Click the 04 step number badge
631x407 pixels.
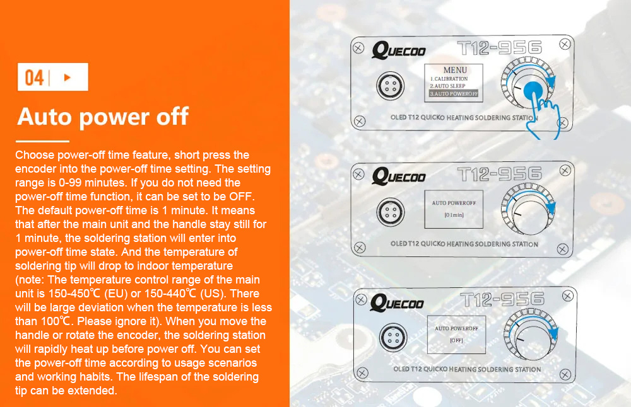coord(53,77)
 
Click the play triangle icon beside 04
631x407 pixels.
coord(68,77)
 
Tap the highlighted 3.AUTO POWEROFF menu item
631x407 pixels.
coord(454,94)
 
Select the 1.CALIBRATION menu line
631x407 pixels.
coord(449,79)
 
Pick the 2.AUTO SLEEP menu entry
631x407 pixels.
coord(447,86)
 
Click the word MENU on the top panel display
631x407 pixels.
coord(455,70)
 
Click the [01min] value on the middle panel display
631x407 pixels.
coord(454,215)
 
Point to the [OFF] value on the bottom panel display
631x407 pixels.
coord(456,340)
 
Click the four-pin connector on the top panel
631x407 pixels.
coord(391,86)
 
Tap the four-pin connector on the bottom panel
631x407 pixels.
coord(393,338)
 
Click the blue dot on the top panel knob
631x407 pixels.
coord(533,91)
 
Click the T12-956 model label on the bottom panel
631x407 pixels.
coord(502,299)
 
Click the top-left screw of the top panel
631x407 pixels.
coord(358,49)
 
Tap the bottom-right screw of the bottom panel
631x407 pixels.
coord(565,375)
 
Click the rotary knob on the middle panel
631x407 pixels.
coord(528,209)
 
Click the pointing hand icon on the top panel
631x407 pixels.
coord(543,117)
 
